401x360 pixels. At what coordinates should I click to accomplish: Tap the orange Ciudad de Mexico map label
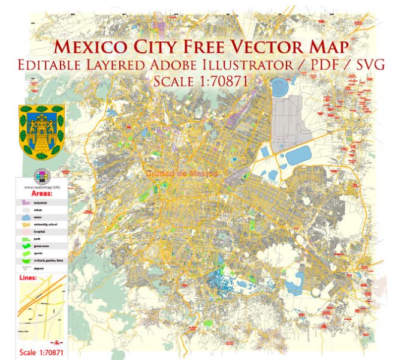point(182,173)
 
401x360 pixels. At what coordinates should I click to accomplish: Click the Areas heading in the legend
point(41,194)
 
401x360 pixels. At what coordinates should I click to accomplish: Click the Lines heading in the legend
point(29,278)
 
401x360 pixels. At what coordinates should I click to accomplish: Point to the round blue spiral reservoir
point(280,89)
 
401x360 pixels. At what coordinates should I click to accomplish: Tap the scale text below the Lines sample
point(41,352)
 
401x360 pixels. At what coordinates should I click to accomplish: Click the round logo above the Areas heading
point(41,176)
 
